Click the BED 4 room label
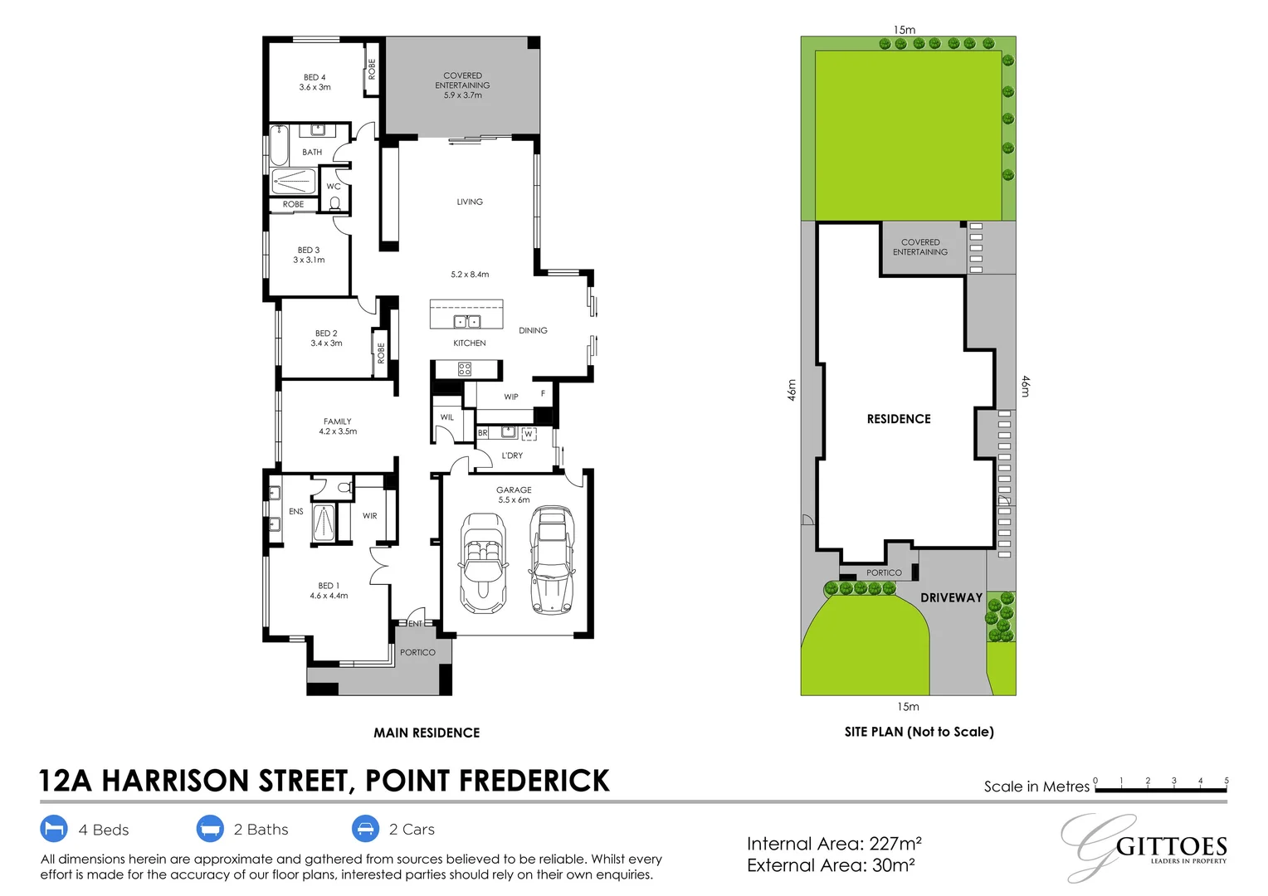(x=315, y=77)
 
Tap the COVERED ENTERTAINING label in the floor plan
(x=462, y=80)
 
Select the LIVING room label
(x=470, y=202)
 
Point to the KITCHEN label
(x=470, y=343)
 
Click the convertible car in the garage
(x=483, y=562)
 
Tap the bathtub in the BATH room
(x=279, y=147)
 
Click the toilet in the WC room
(x=335, y=202)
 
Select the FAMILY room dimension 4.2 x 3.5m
(x=338, y=431)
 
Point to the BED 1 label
(x=329, y=586)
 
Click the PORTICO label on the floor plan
(x=417, y=652)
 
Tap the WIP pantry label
(x=511, y=397)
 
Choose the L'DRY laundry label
(x=513, y=455)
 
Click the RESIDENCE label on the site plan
(x=899, y=419)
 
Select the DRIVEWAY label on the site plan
(x=951, y=597)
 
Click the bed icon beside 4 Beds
(x=53, y=829)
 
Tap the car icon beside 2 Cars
(x=365, y=829)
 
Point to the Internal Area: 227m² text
(x=834, y=844)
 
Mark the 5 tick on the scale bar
(x=1226, y=782)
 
